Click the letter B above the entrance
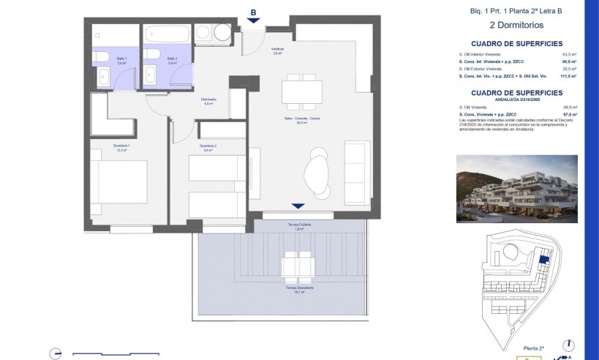[253, 12]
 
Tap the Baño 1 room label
[122, 60]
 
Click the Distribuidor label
[208, 101]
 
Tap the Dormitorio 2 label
[208, 147]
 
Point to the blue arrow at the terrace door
[296, 206]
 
